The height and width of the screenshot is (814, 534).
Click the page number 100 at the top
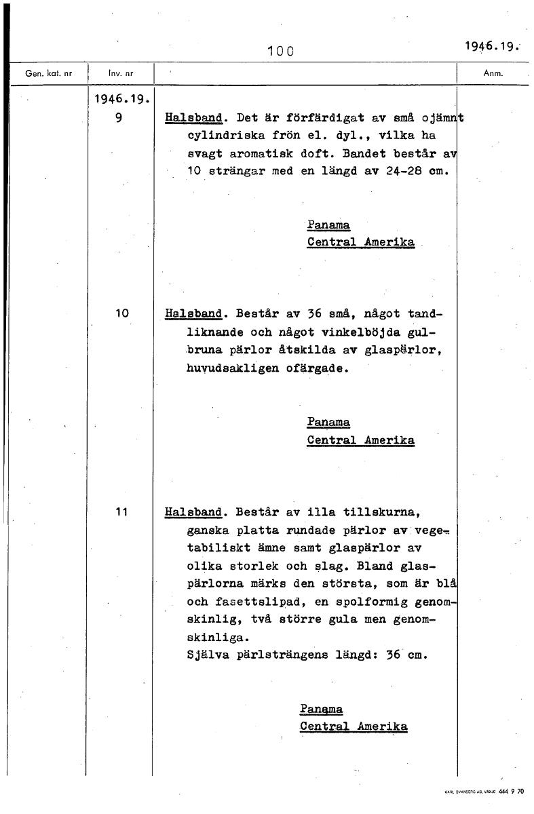280,50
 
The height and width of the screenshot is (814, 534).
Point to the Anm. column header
493,73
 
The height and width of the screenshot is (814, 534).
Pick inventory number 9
119,117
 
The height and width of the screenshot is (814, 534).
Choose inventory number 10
122,313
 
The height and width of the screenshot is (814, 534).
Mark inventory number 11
122,511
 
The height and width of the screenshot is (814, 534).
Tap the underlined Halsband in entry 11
193,511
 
